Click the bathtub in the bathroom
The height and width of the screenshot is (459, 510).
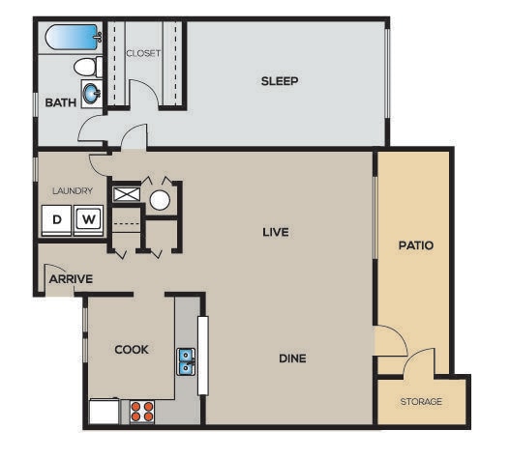tap(73, 39)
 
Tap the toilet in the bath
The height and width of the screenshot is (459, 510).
tap(87, 68)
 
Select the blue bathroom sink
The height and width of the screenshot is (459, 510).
tap(91, 94)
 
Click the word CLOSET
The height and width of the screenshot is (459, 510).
tap(143, 53)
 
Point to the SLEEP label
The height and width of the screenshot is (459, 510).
tap(280, 80)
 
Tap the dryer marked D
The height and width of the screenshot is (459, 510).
tap(57, 219)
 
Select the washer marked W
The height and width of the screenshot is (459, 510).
tap(87, 219)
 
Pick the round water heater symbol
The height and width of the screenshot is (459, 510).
tap(160, 200)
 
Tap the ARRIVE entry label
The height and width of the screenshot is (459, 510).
tap(71, 279)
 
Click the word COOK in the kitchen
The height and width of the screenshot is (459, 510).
tap(132, 349)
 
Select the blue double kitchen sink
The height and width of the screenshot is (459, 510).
tap(187, 361)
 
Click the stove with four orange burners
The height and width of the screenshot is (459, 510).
tap(142, 411)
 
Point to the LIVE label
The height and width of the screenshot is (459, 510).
tap(277, 232)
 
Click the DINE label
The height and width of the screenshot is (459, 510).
tap(292, 359)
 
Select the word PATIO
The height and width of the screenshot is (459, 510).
tap(415, 245)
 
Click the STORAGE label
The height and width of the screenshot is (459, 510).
tap(421, 401)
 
